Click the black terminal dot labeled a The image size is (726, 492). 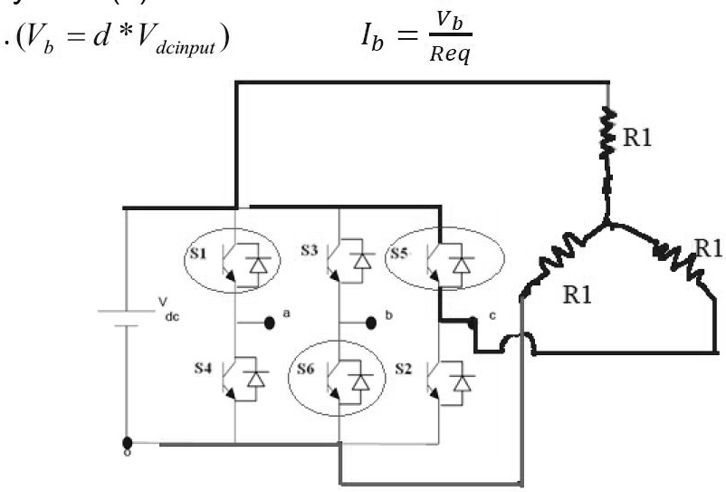tap(270, 322)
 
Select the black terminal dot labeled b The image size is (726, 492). tap(369, 322)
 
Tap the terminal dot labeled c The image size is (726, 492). tap(473, 321)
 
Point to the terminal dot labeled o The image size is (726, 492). tap(125, 445)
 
